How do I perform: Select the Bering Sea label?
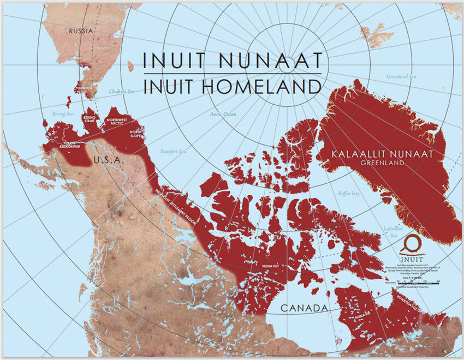pyautogui.click(x=62, y=113)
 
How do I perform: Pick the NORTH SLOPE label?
pyautogui.click(x=136, y=134)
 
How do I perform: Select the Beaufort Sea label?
pyautogui.click(x=174, y=151)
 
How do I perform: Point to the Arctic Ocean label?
pyautogui.click(x=223, y=114)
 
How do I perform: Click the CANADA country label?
pyautogui.click(x=305, y=308)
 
